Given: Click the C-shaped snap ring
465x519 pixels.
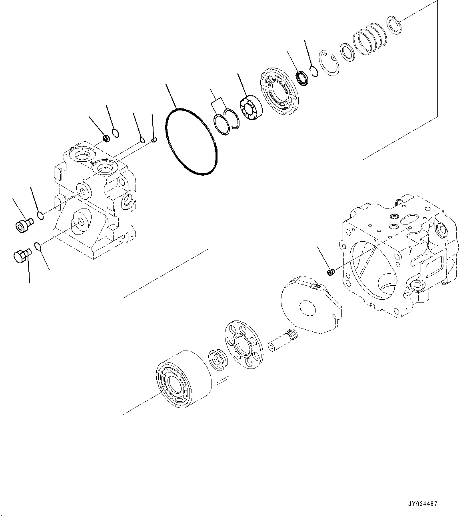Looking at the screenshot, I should [330, 64].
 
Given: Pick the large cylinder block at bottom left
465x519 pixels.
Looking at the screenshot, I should [184, 380].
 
